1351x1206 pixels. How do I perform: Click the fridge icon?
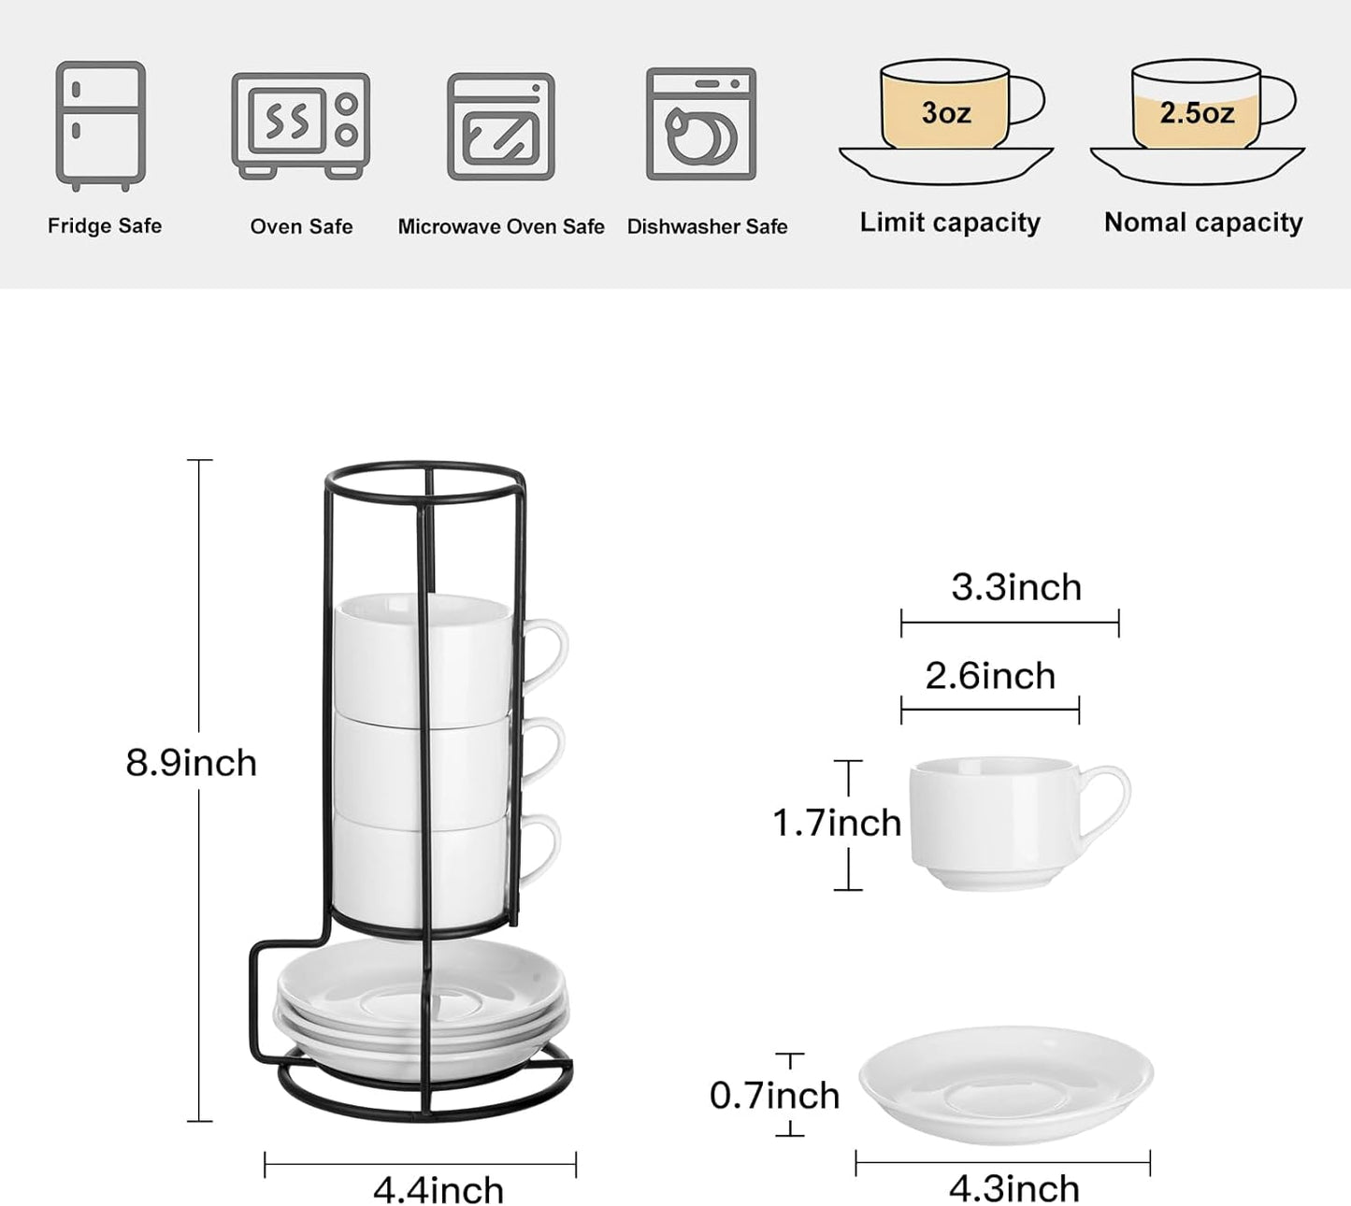click(x=101, y=125)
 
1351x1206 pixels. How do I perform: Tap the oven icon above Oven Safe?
click(x=300, y=125)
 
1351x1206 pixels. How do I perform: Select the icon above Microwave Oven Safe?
click(x=501, y=127)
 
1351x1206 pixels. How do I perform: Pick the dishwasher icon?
click(x=701, y=123)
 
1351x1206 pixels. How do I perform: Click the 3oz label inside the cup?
click(x=946, y=113)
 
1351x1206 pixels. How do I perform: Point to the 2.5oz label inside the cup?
click(x=1197, y=113)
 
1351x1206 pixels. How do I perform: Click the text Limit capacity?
click(x=950, y=223)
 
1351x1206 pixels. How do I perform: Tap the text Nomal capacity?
click(x=1203, y=223)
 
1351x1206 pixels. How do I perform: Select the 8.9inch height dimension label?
click(x=191, y=763)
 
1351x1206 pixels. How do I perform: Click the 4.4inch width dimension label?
click(x=438, y=1190)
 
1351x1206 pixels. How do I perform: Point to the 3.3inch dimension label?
click(x=1016, y=587)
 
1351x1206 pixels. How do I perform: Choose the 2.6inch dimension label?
click(x=990, y=676)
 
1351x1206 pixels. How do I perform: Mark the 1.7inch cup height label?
click(x=836, y=823)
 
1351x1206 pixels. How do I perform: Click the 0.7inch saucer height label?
click(x=774, y=1095)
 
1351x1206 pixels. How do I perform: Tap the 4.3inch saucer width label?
click(x=1014, y=1189)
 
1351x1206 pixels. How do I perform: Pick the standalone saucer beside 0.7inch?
click(x=1006, y=1084)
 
